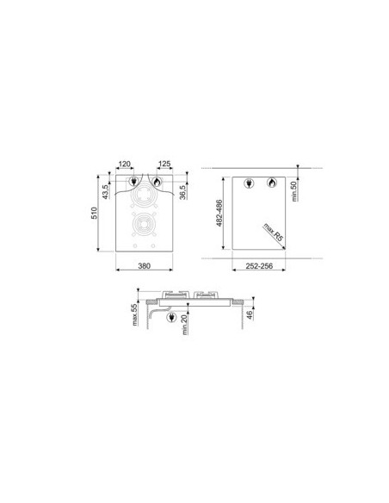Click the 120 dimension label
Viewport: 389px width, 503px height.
(125, 164)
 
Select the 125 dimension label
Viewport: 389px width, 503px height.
(164, 164)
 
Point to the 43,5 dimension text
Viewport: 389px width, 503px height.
(106, 191)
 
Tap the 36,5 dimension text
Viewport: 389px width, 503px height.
(182, 192)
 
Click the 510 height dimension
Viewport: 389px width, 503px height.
(94, 213)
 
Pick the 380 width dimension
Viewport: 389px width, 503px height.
(145, 265)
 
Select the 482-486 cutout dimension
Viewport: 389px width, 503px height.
(219, 213)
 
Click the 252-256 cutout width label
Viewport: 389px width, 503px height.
(259, 266)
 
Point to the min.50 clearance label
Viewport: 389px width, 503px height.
(294, 191)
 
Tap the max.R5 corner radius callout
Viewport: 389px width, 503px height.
(274, 233)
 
